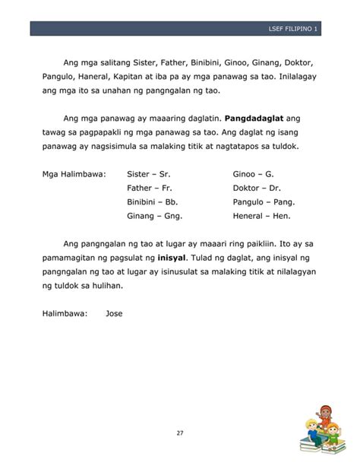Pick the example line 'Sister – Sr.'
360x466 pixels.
point(149,174)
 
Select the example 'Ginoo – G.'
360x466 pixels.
point(253,174)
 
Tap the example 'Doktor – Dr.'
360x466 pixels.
point(257,189)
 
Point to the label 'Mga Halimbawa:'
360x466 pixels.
point(74,174)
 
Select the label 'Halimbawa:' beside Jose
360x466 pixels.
point(65,313)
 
